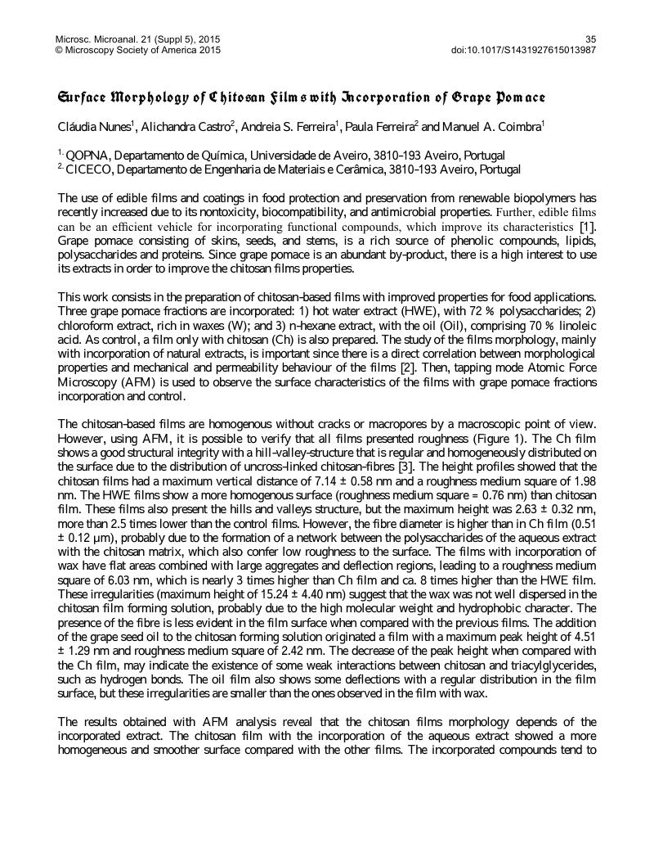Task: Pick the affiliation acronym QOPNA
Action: [x=85, y=156]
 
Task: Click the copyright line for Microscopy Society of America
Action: [x=137, y=50]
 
